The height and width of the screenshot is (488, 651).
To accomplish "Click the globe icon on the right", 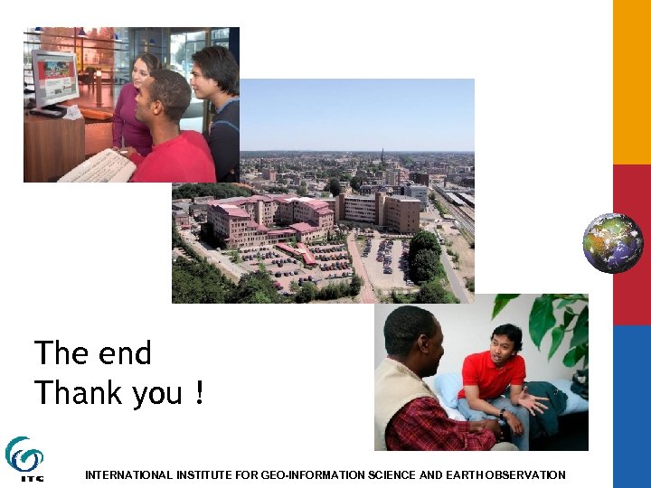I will coord(612,242).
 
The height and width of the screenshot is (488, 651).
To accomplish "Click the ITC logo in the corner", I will coord(24,458).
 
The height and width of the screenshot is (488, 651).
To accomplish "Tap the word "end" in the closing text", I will coord(127,353).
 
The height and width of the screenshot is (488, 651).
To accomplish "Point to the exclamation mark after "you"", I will coord(198,393).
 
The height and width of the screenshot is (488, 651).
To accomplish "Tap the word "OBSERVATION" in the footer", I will coord(524,474).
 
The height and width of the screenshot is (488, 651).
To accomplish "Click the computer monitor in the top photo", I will coord(55,79).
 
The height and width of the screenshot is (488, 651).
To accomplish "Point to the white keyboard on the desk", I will coord(97,166).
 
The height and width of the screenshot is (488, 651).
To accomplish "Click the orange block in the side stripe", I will coord(632,81).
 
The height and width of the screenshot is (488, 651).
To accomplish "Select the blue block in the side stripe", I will coord(632,407).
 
